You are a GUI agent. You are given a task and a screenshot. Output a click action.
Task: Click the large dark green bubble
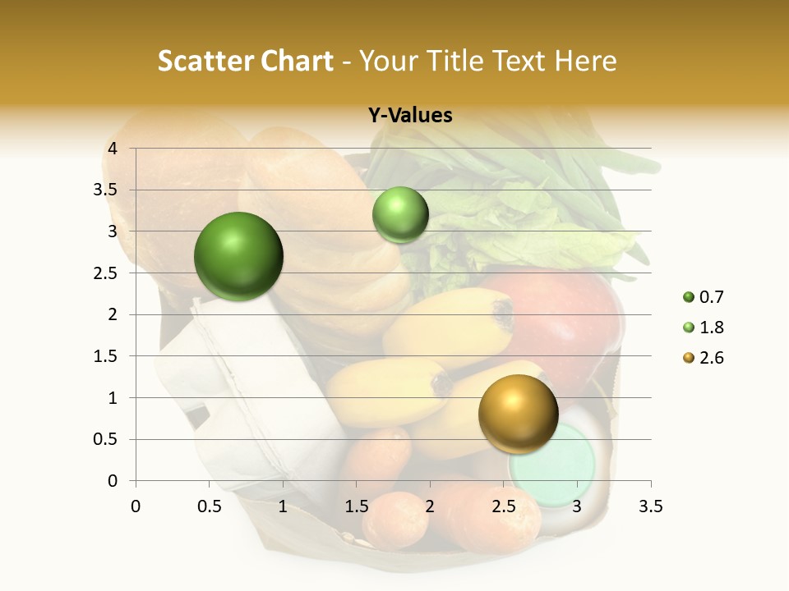click(238, 256)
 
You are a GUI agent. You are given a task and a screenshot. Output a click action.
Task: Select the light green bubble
click(400, 214)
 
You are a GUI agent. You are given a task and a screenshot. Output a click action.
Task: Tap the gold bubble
click(518, 414)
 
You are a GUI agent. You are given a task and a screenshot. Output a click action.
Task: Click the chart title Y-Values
click(410, 116)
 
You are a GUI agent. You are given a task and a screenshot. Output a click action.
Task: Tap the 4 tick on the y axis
click(113, 149)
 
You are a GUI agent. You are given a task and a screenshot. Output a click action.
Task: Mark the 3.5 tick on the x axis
click(650, 506)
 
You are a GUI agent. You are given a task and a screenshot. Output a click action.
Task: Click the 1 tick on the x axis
click(283, 506)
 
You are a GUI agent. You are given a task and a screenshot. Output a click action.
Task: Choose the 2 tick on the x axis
click(430, 506)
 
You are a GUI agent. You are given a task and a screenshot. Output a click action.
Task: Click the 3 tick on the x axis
click(577, 506)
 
